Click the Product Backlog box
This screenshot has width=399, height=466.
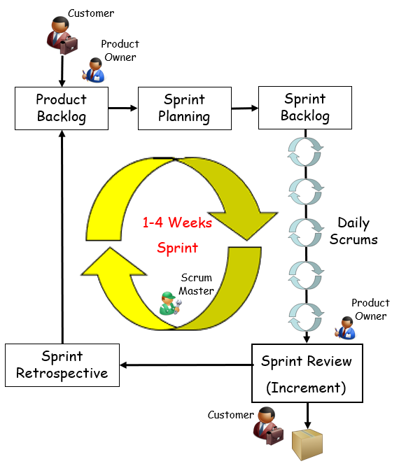[62, 108]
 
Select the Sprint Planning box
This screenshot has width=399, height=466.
[185, 108]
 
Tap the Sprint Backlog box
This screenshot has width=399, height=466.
[305, 108]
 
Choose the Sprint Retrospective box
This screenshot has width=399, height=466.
[62, 365]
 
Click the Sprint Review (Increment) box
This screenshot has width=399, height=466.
[307, 373]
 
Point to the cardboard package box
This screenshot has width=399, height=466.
[307, 444]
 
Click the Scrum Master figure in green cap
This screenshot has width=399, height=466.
[170, 303]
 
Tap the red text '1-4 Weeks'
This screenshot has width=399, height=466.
[177, 223]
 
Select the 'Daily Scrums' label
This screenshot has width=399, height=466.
[353, 231]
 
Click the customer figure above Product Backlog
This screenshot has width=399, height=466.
[62, 35]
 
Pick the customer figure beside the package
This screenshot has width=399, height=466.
[268, 425]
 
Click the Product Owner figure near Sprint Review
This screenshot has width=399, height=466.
[345, 327]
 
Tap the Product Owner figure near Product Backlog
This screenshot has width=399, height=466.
[93, 70]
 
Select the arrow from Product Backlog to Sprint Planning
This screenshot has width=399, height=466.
[122, 108]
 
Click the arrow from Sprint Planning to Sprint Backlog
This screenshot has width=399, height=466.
[245, 108]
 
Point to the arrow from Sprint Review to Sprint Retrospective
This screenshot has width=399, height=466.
[185, 365]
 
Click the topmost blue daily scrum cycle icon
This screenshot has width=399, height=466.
[305, 152]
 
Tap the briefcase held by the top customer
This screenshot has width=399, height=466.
[69, 45]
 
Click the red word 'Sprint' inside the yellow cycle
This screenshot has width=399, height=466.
[178, 248]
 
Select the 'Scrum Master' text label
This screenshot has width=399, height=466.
[196, 284]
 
